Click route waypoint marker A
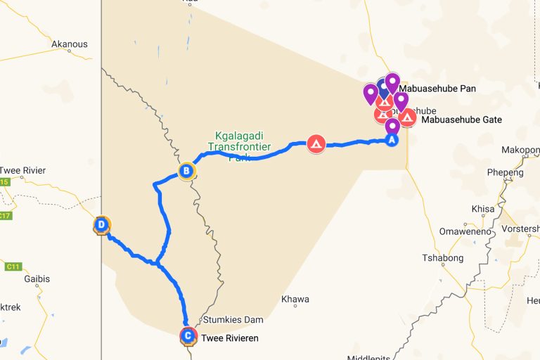[x=392, y=140]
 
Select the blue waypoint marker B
[x=186, y=170]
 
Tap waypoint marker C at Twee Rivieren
[x=188, y=337]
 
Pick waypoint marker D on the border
[x=101, y=225]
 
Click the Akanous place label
[x=70, y=44]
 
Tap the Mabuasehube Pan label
[x=437, y=89]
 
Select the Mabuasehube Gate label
[x=461, y=120]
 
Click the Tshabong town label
[x=442, y=258]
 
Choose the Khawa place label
[x=295, y=300]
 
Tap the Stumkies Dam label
[x=233, y=320]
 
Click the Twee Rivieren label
[x=230, y=338]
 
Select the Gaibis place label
[x=37, y=279]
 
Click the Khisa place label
[x=484, y=209]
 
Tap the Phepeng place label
[x=506, y=172]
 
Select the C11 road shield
[x=12, y=266]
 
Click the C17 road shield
[x=5, y=215]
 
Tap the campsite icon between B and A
[x=316, y=144]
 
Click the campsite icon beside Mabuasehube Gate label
[x=407, y=118]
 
